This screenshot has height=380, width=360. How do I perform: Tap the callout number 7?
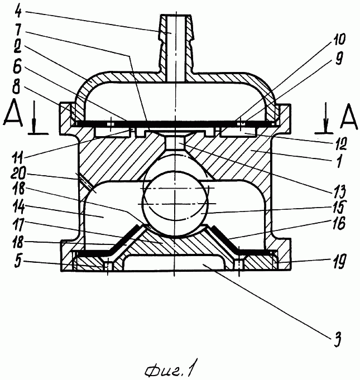pos(18,30)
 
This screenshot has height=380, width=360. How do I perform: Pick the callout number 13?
pos(339,191)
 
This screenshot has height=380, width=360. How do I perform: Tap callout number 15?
pos(339,206)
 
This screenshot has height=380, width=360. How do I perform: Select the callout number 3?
pos(338,338)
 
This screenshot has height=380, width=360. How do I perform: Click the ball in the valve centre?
pos(175,204)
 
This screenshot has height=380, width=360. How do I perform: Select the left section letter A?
pos(13,114)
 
